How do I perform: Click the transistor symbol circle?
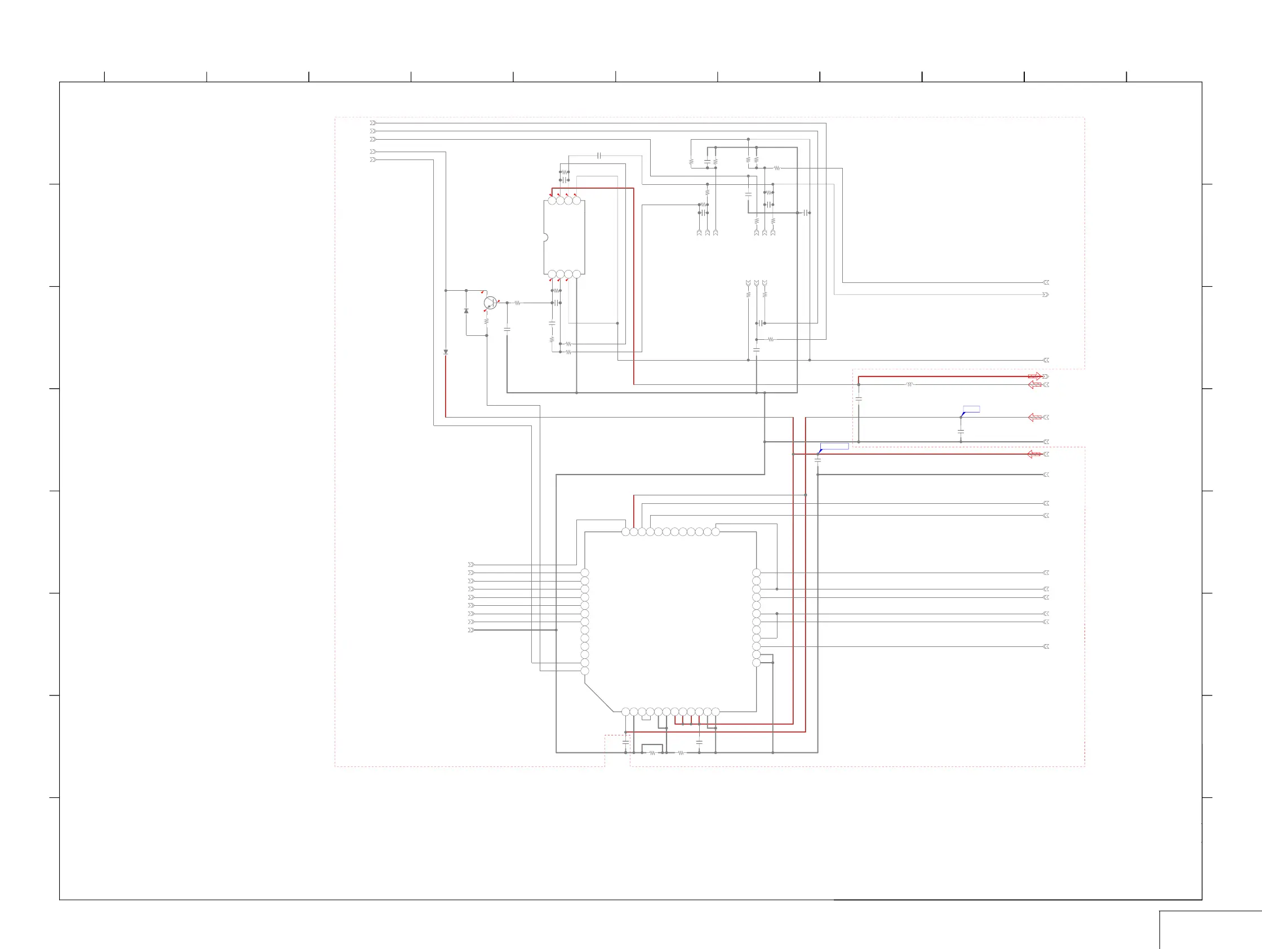point(490,303)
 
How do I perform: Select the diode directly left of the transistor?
point(466,311)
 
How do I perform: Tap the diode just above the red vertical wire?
point(446,353)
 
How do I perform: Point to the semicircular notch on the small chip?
point(545,237)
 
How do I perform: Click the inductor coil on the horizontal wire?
point(909,385)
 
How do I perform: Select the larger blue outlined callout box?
point(834,446)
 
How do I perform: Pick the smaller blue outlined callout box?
point(971,409)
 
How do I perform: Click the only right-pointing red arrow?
point(1034,376)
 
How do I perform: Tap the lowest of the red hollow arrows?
point(1034,454)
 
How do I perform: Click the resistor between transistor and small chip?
point(517,303)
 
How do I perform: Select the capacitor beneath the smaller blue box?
point(961,432)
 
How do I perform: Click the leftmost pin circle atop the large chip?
point(625,532)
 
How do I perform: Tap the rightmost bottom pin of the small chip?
point(577,274)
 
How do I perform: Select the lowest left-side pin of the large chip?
point(584,671)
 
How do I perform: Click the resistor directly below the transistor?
point(487,322)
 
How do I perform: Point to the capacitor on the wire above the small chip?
point(599,155)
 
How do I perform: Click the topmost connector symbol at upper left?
point(373,123)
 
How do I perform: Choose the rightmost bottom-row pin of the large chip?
point(716,712)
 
